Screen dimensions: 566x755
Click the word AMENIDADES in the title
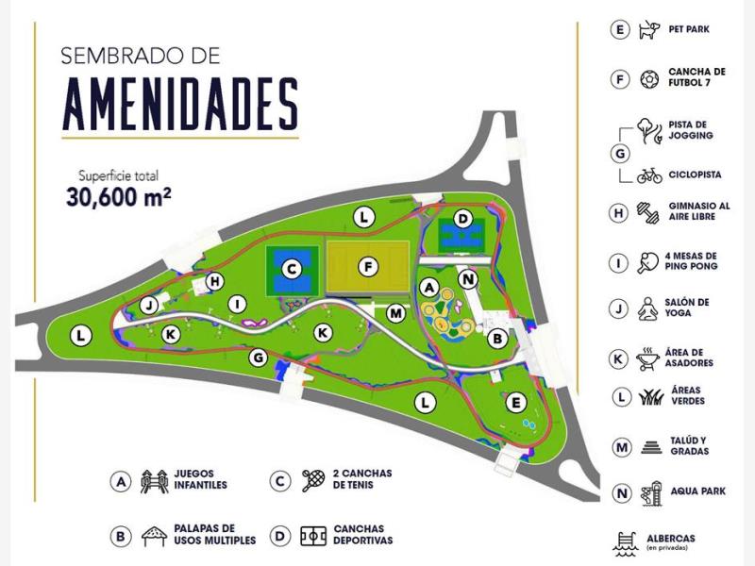pyautogui.click(x=180, y=104)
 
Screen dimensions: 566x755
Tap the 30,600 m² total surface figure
pyautogui.click(x=118, y=198)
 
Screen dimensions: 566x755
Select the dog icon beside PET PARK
pyautogui.click(x=648, y=30)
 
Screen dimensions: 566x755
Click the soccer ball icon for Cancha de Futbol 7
pyautogui.click(x=648, y=79)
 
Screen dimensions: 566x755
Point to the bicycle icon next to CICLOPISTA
pyautogui.click(x=648, y=175)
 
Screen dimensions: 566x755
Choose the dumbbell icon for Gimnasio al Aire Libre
pyautogui.click(x=648, y=212)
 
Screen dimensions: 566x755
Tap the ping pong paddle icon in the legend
pyautogui.click(x=648, y=261)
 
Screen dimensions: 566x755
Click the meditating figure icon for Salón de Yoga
pyautogui.click(x=648, y=308)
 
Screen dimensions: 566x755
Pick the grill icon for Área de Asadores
pyautogui.click(x=648, y=358)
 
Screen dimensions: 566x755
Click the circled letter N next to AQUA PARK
pyautogui.click(x=620, y=493)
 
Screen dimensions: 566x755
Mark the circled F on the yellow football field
pyautogui.click(x=371, y=266)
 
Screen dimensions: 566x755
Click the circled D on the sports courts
pyautogui.click(x=461, y=219)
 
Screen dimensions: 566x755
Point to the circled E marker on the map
pyautogui.click(x=515, y=403)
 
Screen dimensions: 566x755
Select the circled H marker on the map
pyautogui.click(x=215, y=281)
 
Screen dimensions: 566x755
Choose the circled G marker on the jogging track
pyautogui.click(x=258, y=358)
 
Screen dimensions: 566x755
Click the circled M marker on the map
pyautogui.click(x=395, y=312)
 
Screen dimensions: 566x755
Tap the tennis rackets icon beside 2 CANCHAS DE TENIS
pyautogui.click(x=313, y=482)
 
